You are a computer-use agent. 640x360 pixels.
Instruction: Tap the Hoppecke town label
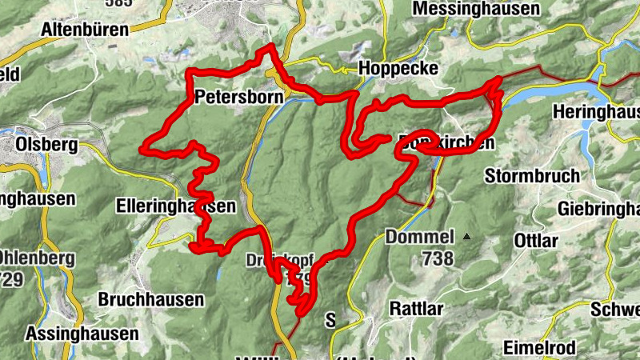(398, 69)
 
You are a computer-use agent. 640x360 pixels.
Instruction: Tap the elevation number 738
(438, 258)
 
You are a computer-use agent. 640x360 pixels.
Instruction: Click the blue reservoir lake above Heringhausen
(544, 93)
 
